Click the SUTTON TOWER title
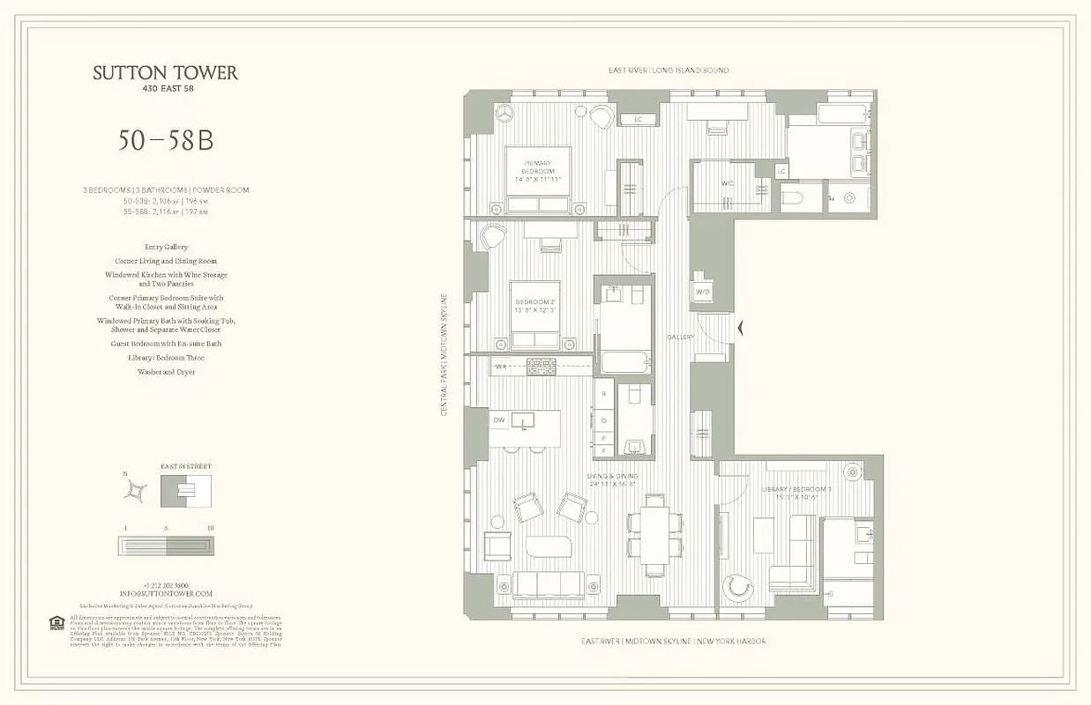point(166,73)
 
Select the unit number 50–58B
point(166,140)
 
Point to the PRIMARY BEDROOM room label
point(537,167)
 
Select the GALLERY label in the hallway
point(680,337)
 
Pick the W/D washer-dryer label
point(703,292)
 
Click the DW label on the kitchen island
point(498,419)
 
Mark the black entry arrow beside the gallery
point(742,329)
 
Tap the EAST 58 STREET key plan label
point(186,466)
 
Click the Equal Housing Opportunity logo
point(57,623)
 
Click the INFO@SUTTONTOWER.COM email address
point(166,594)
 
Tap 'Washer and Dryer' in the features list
point(166,372)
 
